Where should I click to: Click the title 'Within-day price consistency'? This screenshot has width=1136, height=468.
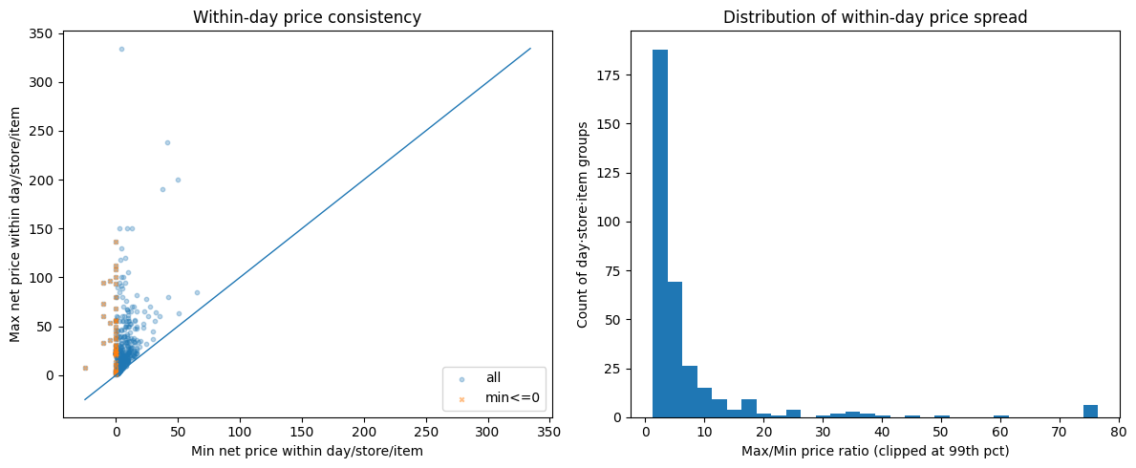[x=307, y=17]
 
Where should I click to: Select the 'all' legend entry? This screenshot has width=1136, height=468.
[x=493, y=378]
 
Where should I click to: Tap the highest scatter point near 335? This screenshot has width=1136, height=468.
[x=121, y=49]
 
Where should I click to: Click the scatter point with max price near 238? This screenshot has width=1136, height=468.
[x=167, y=142]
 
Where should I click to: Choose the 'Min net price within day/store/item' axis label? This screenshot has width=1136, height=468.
[x=307, y=451]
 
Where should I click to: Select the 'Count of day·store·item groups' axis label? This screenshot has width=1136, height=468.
[x=583, y=224]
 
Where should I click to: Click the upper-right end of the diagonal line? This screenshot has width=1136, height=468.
[x=530, y=49]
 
